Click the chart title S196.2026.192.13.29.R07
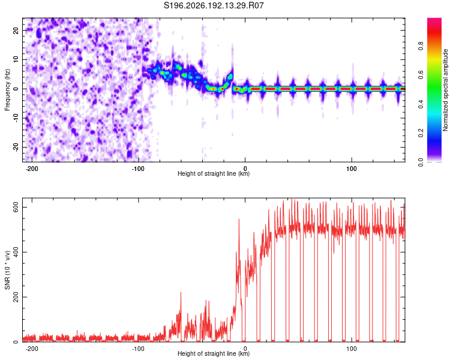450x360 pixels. (214, 5)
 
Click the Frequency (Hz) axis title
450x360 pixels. (7, 90)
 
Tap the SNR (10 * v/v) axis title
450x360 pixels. (7, 270)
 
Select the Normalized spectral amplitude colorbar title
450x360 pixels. (445, 90)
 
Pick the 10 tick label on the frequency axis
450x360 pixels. (16, 59)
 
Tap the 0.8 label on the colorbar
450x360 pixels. (421, 46)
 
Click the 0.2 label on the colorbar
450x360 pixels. (421, 133)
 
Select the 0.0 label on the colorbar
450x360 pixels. (421, 162)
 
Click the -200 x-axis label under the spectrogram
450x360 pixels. (32, 169)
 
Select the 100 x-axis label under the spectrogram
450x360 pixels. (351, 169)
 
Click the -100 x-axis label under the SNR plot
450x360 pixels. (138, 349)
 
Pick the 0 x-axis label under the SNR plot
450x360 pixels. (245, 349)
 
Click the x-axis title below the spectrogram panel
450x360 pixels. (214, 173)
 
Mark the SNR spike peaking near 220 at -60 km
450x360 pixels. (181, 292)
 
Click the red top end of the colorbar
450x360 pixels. (434, 19)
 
